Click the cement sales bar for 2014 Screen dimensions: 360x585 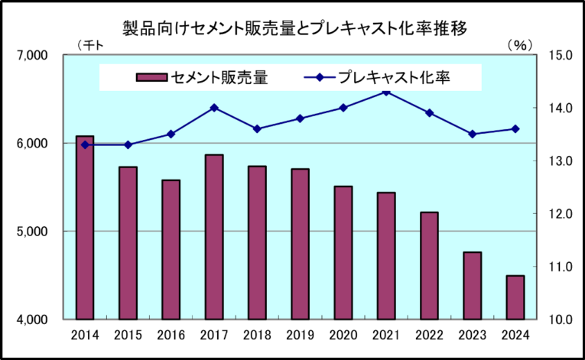(85, 228)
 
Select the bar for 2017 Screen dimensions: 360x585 (214, 237)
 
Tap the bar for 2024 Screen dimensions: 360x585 (515, 297)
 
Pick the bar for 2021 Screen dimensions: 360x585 (386, 256)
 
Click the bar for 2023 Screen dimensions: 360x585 (473, 286)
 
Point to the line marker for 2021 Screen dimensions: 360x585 (386, 92)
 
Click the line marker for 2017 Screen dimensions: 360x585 (214, 108)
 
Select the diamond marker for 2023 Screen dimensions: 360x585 (473, 134)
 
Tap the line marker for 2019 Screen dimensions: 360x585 (301, 118)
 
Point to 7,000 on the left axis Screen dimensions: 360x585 (33, 56)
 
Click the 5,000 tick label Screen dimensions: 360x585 (33, 232)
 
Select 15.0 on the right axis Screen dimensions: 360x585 (561, 56)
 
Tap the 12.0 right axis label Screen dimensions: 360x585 (561, 214)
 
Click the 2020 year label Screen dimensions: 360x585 (343, 334)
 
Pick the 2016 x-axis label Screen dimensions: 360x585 (171, 334)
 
